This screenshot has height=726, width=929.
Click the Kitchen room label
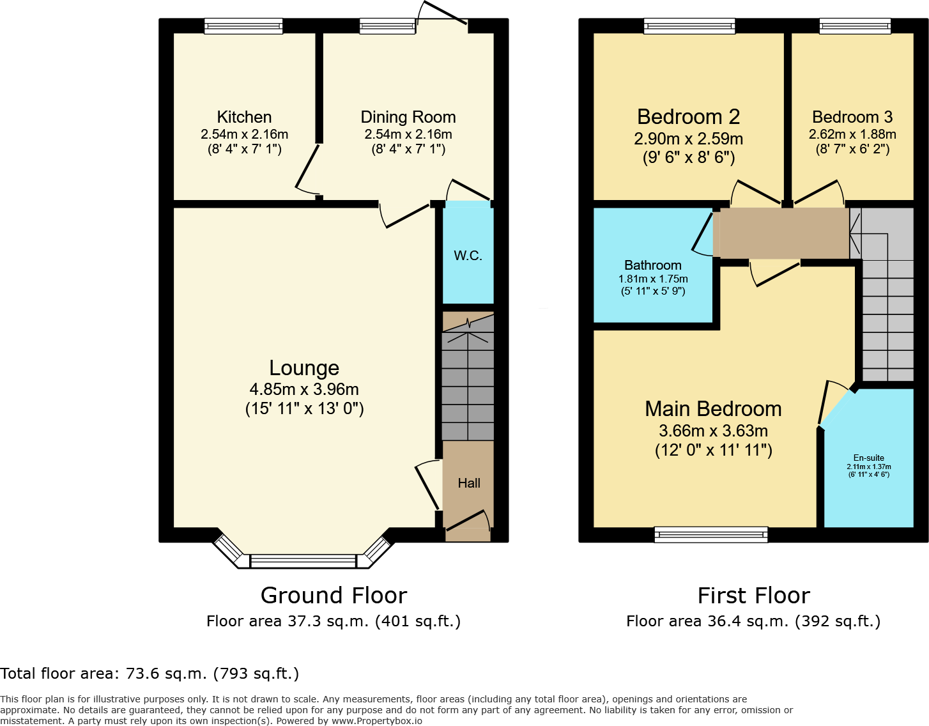tap(244, 117)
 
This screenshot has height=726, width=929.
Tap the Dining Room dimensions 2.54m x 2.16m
tap(408, 135)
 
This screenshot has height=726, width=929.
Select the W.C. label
tap(468, 256)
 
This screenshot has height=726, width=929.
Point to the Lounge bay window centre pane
tap(303, 561)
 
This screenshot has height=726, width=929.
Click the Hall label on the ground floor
tap(469, 483)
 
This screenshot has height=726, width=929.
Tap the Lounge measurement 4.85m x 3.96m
tap(304, 389)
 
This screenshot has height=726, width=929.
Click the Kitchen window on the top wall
tap(243, 26)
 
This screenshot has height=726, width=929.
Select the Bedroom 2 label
tap(688, 117)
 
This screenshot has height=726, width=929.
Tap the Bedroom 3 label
tap(852, 117)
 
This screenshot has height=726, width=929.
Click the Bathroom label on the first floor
tap(652, 265)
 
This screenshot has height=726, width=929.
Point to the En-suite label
tap(868, 458)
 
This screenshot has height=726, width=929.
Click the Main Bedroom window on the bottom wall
tap(711, 534)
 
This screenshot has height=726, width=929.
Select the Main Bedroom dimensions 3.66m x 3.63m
tap(713, 431)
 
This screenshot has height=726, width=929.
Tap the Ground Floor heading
tap(334, 596)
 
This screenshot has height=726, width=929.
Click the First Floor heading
tap(753, 596)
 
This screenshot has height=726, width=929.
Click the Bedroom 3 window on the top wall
tap(855, 26)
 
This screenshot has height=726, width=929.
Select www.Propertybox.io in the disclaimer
tap(376, 721)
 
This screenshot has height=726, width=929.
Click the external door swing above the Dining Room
tap(442, 14)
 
